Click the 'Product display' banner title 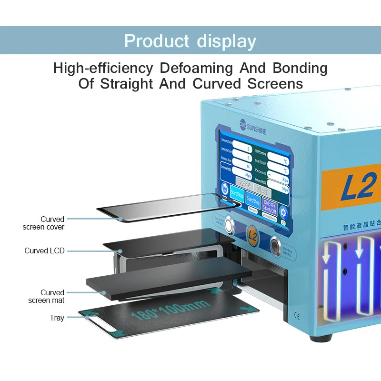(x=190, y=41)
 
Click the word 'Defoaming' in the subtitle (x=197, y=68)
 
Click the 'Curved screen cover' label (x=43, y=223)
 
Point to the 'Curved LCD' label (x=44, y=251)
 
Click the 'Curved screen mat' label (x=46, y=296)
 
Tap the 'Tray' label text (x=57, y=318)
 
